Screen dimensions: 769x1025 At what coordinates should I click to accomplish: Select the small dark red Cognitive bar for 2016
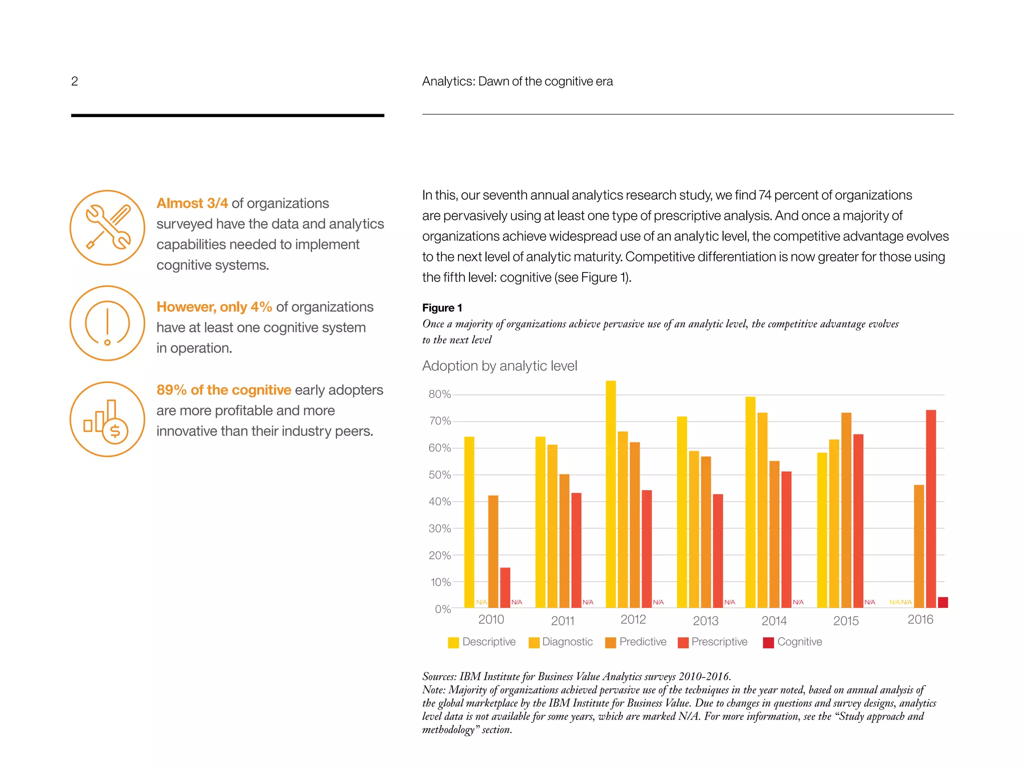(942, 602)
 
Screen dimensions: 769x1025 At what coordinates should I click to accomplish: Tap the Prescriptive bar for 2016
(930, 508)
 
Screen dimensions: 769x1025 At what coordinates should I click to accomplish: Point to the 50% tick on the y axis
(440, 475)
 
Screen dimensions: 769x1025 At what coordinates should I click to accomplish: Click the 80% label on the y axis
(440, 395)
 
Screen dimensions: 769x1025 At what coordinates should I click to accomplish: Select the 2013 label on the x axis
(705, 621)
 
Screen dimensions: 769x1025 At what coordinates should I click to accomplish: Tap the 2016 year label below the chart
(920, 620)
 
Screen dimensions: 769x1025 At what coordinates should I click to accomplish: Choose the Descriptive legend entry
(481, 642)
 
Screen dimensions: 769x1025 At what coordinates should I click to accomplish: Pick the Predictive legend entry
(636, 642)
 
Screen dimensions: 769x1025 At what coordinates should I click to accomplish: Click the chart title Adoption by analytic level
(499, 366)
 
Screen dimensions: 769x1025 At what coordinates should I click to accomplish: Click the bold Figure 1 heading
(442, 308)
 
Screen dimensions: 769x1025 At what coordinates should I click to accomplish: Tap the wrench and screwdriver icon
(108, 228)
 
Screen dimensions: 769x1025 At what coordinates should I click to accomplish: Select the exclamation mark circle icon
(108, 323)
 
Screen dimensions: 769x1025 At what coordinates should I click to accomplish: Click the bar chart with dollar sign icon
(108, 419)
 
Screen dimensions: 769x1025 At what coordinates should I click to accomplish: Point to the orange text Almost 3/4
(192, 203)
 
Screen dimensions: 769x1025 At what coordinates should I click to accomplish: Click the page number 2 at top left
(75, 81)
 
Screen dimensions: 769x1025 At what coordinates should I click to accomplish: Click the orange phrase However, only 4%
(214, 307)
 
